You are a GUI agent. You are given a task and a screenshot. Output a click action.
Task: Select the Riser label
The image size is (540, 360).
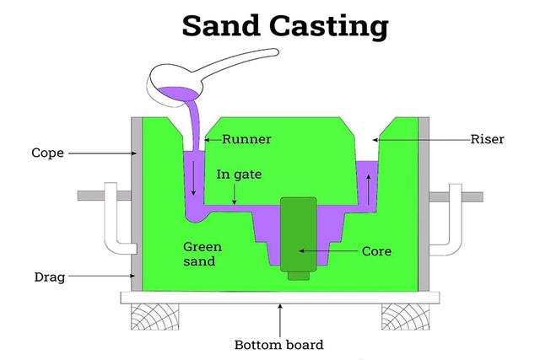tap(487, 139)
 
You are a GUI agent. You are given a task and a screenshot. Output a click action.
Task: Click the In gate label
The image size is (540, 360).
tap(240, 175)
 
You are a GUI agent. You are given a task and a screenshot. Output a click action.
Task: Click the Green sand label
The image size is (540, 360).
tap(202, 254)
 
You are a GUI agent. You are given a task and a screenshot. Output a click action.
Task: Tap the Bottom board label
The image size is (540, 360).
tap(279, 344)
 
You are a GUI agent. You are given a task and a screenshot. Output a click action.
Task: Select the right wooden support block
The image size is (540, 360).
tap(404, 317)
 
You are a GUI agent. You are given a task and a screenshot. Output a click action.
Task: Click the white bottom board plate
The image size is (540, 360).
tap(278, 297)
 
